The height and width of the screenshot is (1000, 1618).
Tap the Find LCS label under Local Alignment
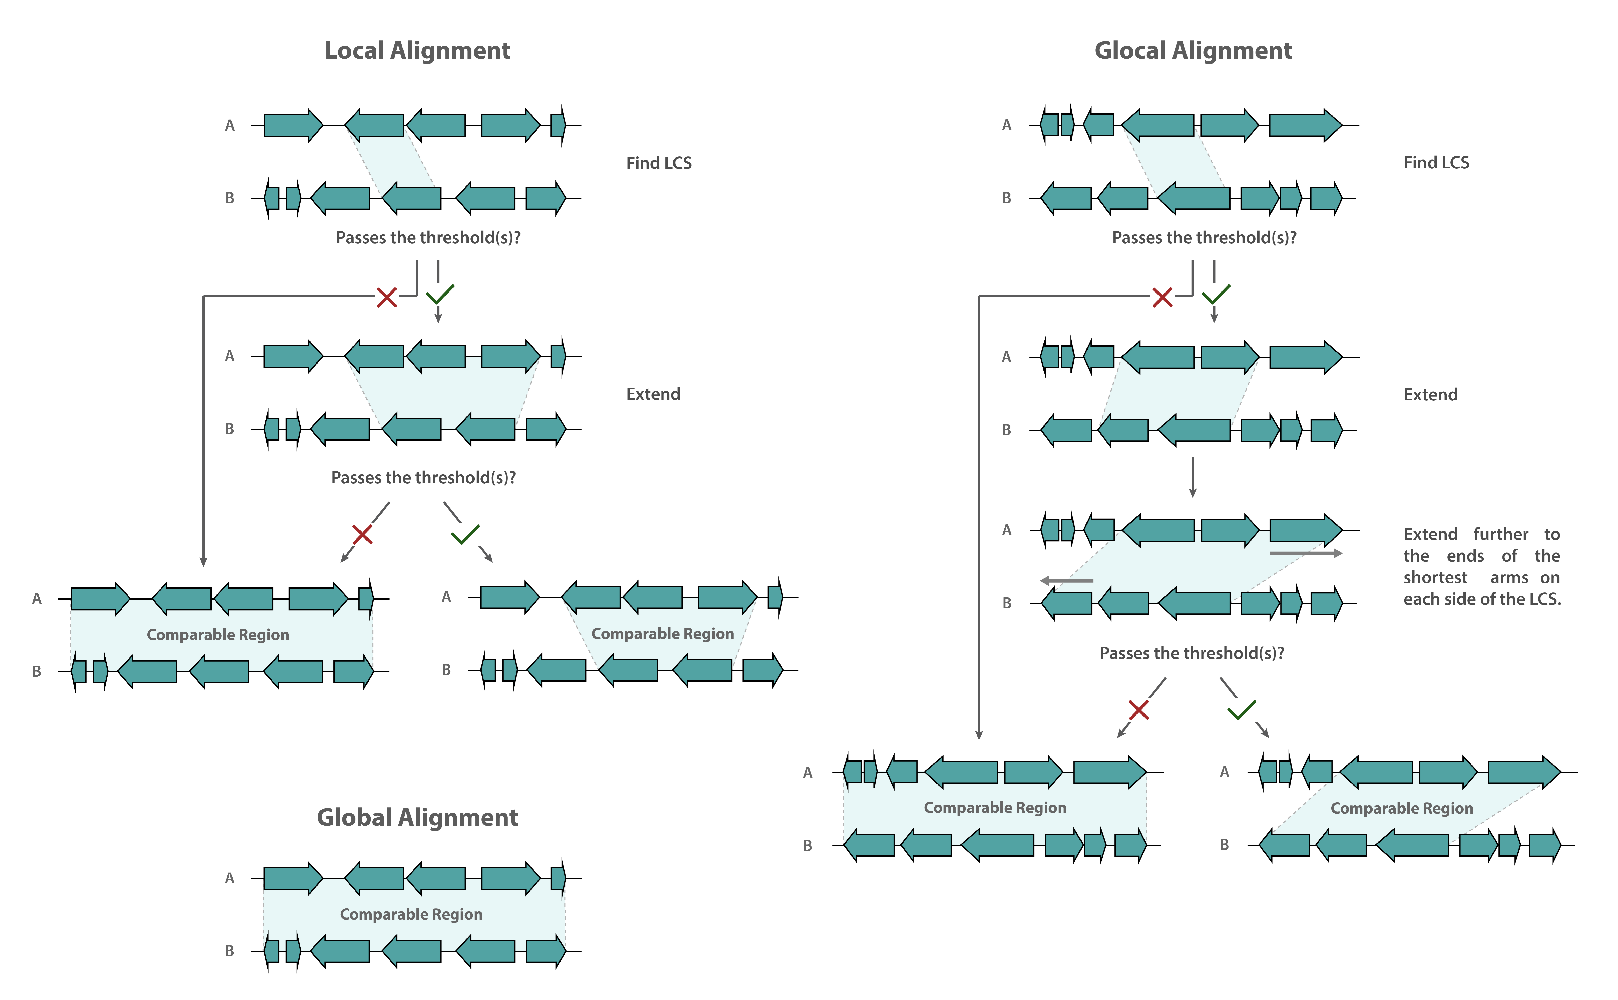tap(659, 163)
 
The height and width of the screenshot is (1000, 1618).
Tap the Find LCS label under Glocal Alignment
tap(1436, 163)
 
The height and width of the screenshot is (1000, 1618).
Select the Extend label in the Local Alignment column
tap(653, 394)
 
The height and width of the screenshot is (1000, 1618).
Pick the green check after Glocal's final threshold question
tap(1241, 710)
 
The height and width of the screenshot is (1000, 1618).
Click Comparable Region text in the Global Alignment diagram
tap(411, 914)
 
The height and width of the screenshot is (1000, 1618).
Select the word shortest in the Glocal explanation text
tap(1435, 577)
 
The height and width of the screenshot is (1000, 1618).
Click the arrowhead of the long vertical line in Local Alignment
tap(204, 562)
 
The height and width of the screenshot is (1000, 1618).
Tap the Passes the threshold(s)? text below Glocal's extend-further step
tap(1192, 653)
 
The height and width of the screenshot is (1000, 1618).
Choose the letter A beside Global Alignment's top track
tap(229, 878)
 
